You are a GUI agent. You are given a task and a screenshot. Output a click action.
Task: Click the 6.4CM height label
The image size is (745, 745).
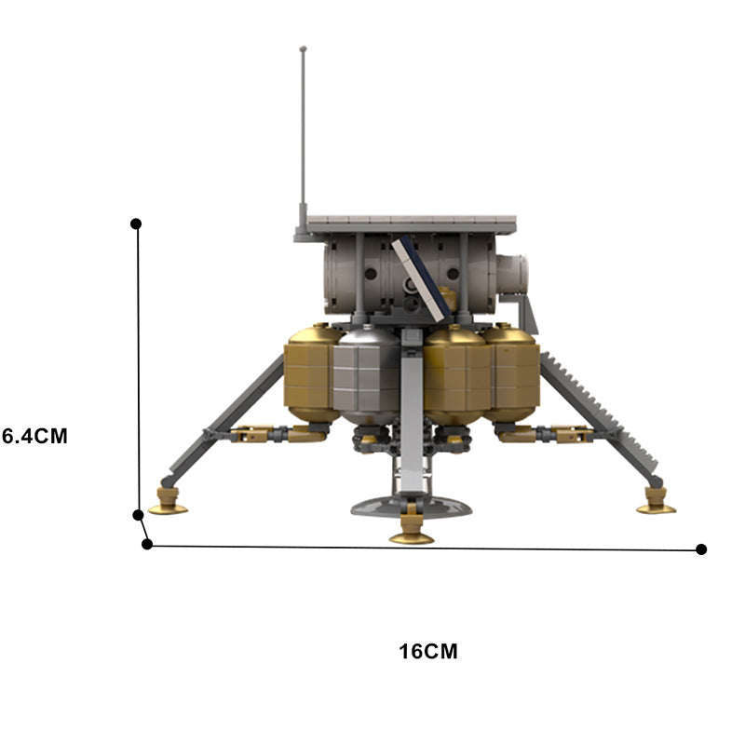pyautogui.click(x=34, y=435)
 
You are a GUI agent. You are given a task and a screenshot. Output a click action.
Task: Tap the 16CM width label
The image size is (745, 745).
pyautogui.click(x=428, y=651)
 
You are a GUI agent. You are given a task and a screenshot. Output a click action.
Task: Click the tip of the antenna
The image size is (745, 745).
pyautogui.click(x=303, y=48)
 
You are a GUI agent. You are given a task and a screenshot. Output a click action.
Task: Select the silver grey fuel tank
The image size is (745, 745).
pyautogui.click(x=366, y=374)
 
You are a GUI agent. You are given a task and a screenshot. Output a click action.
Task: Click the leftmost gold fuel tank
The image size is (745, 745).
pyautogui.click(x=312, y=372)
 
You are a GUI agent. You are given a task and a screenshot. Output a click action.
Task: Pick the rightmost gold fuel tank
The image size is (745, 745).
pyautogui.click(x=512, y=372)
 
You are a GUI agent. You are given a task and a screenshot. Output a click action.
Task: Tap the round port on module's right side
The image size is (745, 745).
pyautogui.click(x=512, y=274)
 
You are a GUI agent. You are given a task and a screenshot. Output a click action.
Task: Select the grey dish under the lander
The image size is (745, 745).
pyautogui.click(x=410, y=506)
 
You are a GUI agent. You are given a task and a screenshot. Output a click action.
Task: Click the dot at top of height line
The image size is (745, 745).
pyautogui.click(x=136, y=223)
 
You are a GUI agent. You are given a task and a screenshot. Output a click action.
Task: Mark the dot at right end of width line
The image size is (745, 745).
pyautogui.click(x=701, y=549)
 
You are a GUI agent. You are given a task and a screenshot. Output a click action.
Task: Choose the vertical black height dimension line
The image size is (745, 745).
pyautogui.click(x=138, y=372)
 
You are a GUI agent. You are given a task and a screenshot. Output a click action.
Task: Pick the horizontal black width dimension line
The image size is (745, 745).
pyautogui.click(x=419, y=548)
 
